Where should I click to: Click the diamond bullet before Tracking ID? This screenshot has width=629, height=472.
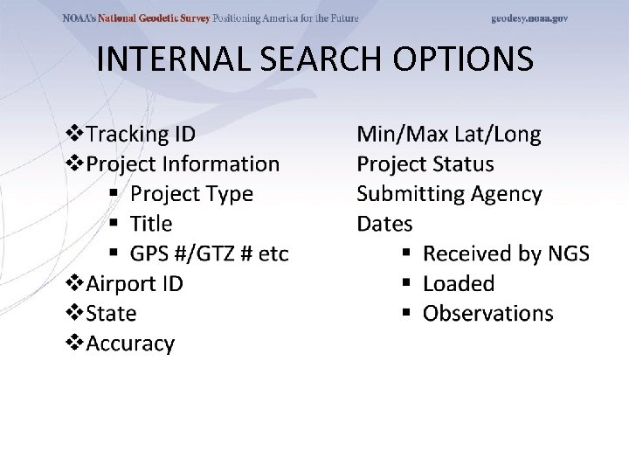76,135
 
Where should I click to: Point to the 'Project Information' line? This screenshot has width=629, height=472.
183,164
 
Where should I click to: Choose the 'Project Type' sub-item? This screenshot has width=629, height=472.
191,194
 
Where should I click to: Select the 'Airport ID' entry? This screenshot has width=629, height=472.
135,284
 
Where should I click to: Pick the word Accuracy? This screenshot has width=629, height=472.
131,344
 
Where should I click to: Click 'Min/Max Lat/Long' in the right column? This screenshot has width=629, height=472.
448,135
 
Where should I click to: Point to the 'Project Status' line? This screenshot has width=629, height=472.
425,164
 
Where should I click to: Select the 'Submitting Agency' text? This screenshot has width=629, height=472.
449,194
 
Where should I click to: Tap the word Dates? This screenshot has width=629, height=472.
384,224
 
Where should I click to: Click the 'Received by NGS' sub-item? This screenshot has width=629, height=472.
506,253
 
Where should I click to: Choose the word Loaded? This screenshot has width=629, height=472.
458,284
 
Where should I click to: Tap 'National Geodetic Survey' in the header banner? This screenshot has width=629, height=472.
154,18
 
